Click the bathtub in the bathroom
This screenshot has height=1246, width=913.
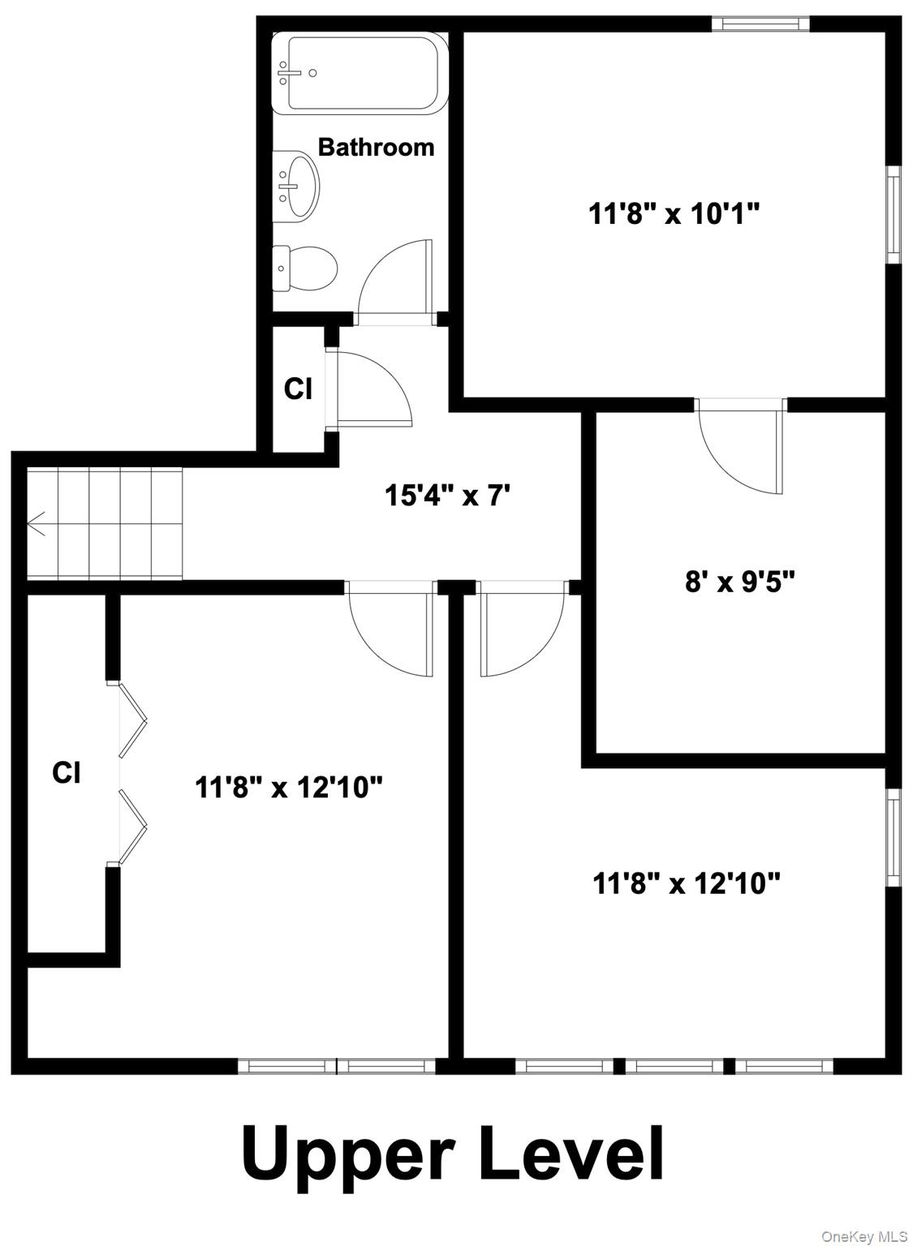(x=359, y=72)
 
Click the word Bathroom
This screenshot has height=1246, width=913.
(x=376, y=147)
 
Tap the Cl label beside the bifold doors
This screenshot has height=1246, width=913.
(x=67, y=772)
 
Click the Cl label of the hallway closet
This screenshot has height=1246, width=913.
(x=298, y=389)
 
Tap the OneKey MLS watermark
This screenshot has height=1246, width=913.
(x=863, y=1235)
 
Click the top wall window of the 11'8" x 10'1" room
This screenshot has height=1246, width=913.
(x=760, y=24)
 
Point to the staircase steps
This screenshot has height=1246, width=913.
(x=106, y=524)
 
